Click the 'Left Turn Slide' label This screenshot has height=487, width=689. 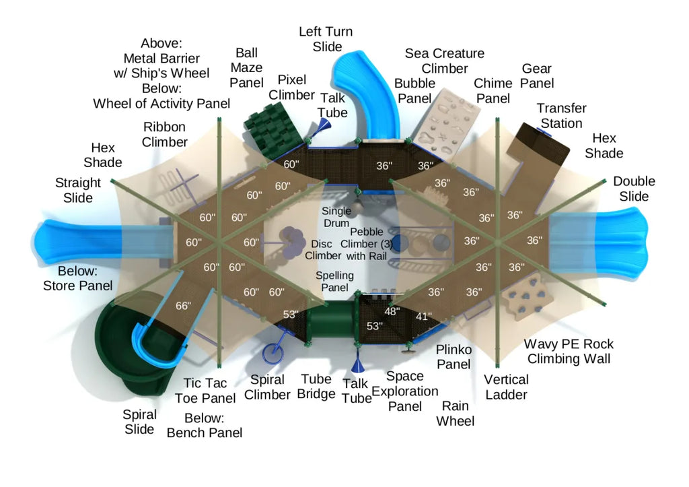pyautogui.click(x=326, y=39)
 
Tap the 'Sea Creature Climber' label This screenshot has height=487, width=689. pyautogui.click(x=444, y=61)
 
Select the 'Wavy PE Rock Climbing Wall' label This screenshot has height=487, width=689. pyautogui.click(x=569, y=351)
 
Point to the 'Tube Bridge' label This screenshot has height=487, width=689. pyautogui.click(x=316, y=387)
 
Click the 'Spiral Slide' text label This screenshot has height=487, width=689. pyautogui.click(x=140, y=422)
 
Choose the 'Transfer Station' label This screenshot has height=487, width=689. pyautogui.click(x=561, y=116)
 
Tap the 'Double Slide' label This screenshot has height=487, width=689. pyautogui.click(x=634, y=189)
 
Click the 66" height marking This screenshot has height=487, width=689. pyautogui.click(x=183, y=306)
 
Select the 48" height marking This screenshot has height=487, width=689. pyautogui.click(x=392, y=311)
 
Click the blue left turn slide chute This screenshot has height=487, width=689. pyautogui.click(x=367, y=94)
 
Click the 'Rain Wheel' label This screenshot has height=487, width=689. pyautogui.click(x=455, y=414)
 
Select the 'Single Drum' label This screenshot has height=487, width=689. pyautogui.click(x=336, y=217)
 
